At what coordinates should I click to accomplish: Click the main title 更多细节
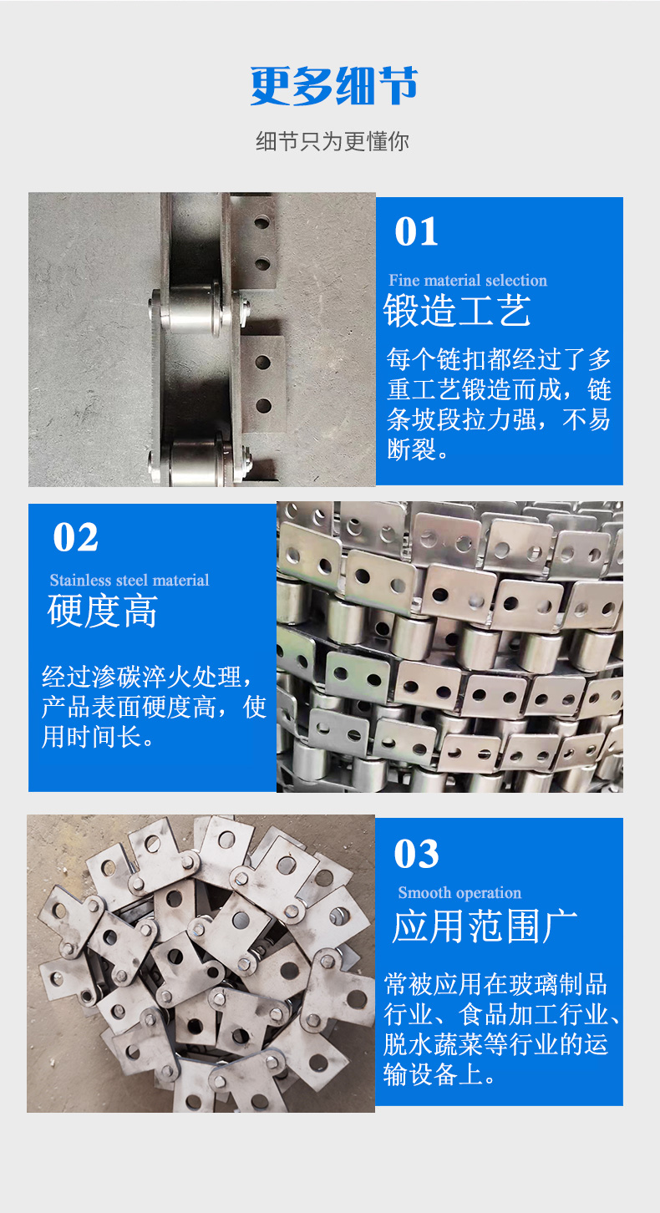point(333,85)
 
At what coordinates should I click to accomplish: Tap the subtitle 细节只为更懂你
point(333,141)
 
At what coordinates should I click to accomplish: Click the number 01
point(416,231)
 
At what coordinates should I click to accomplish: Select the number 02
point(75,537)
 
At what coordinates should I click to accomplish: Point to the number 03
point(416,854)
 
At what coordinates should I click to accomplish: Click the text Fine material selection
point(468,280)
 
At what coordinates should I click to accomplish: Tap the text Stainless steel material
point(129,580)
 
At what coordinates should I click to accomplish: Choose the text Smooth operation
point(459,892)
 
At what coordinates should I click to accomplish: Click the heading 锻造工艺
point(456,310)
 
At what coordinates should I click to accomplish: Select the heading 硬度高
point(102,611)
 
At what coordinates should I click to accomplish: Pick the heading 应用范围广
point(485,926)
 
